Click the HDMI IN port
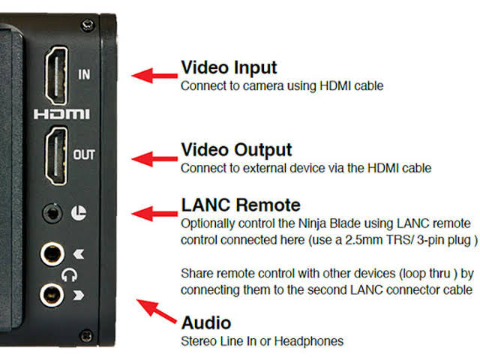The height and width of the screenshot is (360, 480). (x=57, y=75)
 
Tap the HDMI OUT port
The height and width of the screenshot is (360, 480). (x=57, y=156)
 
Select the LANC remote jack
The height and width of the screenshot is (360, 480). (x=52, y=213)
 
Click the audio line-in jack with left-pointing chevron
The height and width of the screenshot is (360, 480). (x=52, y=253)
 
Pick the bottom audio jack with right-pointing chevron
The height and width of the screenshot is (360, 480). (x=52, y=295)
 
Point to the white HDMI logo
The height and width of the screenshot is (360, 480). (x=61, y=114)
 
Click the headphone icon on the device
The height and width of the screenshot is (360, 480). (x=69, y=275)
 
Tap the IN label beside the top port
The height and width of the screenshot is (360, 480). (x=84, y=74)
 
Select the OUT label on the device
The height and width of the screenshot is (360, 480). (x=84, y=154)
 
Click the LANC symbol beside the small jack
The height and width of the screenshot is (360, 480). (x=79, y=213)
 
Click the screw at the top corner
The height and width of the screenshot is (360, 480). (x=88, y=25)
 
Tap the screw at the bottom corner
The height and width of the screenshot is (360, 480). (x=86, y=335)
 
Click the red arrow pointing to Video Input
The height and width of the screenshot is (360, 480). (x=154, y=76)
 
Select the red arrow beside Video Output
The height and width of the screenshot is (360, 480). (x=154, y=159)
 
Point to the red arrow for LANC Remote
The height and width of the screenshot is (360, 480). (x=154, y=214)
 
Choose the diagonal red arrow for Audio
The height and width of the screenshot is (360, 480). (x=157, y=310)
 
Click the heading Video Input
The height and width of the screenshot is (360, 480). (x=229, y=67)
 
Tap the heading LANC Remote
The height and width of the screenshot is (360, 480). (x=241, y=205)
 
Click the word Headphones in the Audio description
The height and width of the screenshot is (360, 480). (x=309, y=341)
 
